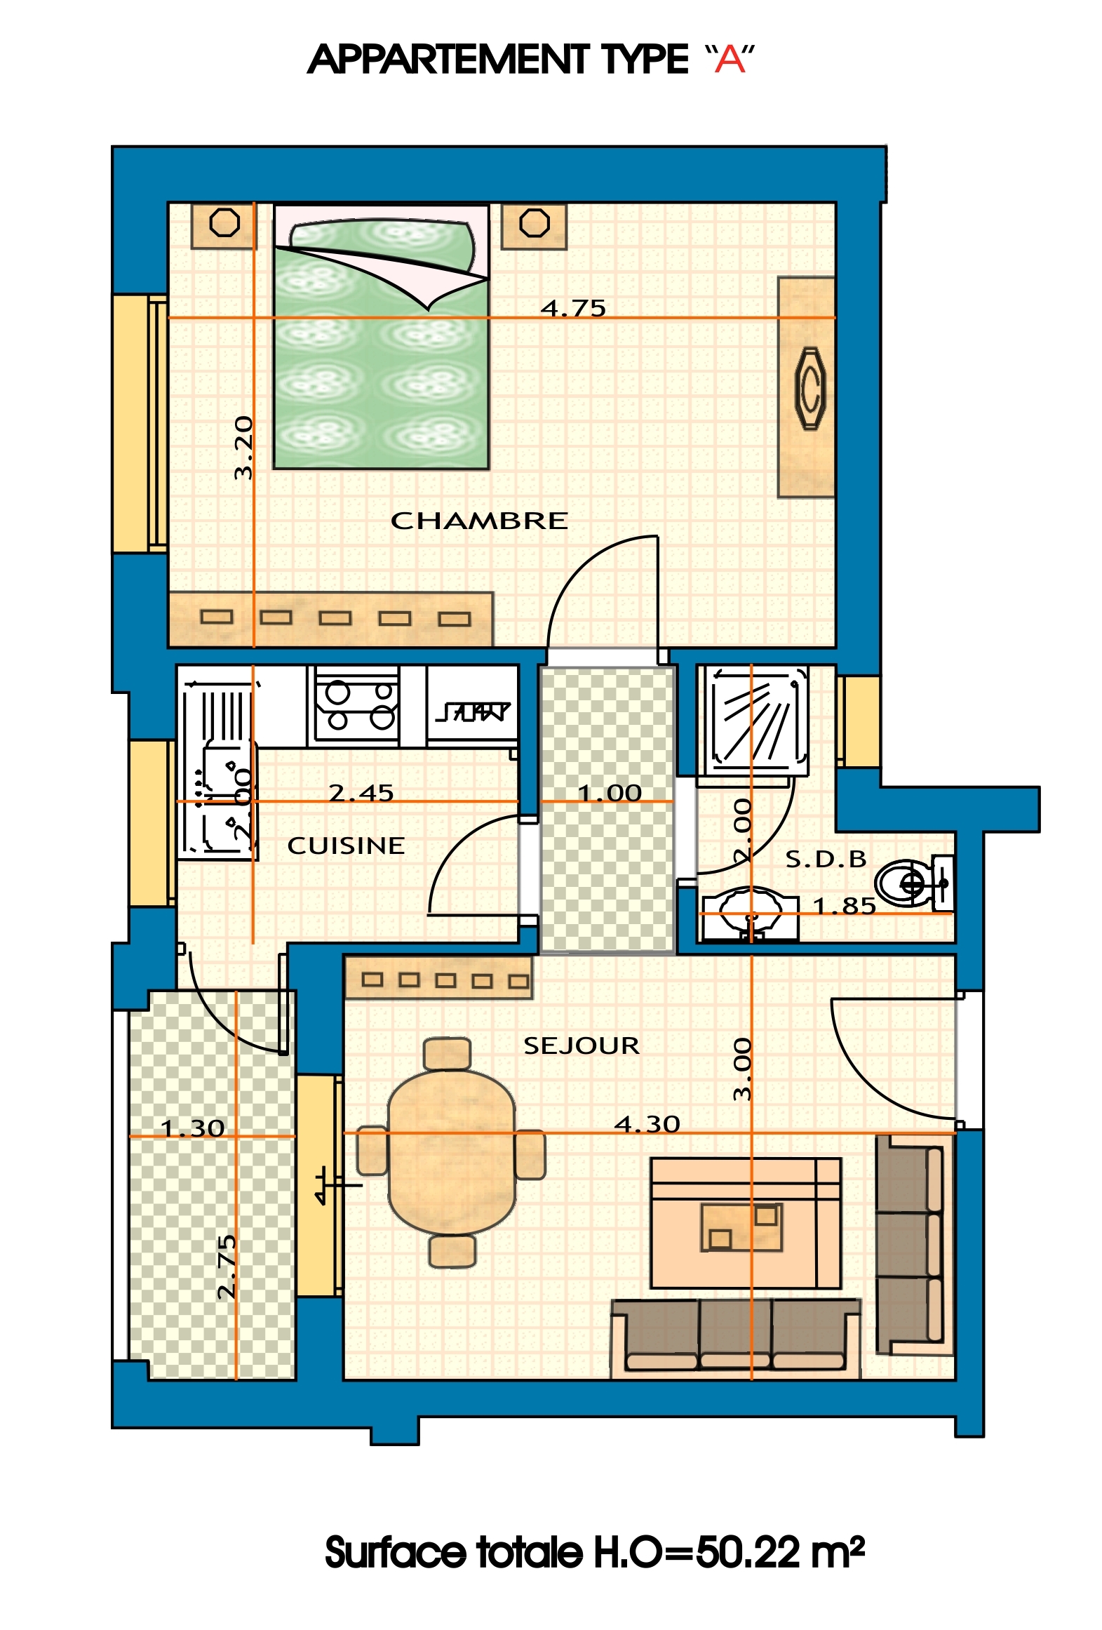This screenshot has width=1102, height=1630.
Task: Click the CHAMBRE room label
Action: [x=479, y=521]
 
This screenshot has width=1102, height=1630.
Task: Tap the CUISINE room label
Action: [x=346, y=846]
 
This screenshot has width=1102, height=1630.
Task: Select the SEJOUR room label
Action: [x=582, y=1046]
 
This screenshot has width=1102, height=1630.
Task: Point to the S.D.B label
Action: [x=826, y=859]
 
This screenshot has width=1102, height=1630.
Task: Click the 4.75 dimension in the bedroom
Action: [x=573, y=308]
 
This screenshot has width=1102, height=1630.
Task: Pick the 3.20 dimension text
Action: [x=243, y=448]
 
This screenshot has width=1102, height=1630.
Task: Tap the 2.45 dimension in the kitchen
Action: [x=361, y=793]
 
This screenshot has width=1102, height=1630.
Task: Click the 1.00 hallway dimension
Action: [x=610, y=793]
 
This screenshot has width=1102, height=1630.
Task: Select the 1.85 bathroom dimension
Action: [x=845, y=906]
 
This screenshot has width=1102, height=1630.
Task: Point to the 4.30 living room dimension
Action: [x=647, y=1124]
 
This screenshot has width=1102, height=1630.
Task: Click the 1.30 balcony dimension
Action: [x=193, y=1128]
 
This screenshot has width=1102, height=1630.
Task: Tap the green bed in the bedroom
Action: [x=381, y=337]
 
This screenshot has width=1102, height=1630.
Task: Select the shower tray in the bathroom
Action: [x=757, y=720]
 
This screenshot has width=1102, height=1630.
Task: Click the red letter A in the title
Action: [x=730, y=60]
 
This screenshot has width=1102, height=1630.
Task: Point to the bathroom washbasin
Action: [x=749, y=913]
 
